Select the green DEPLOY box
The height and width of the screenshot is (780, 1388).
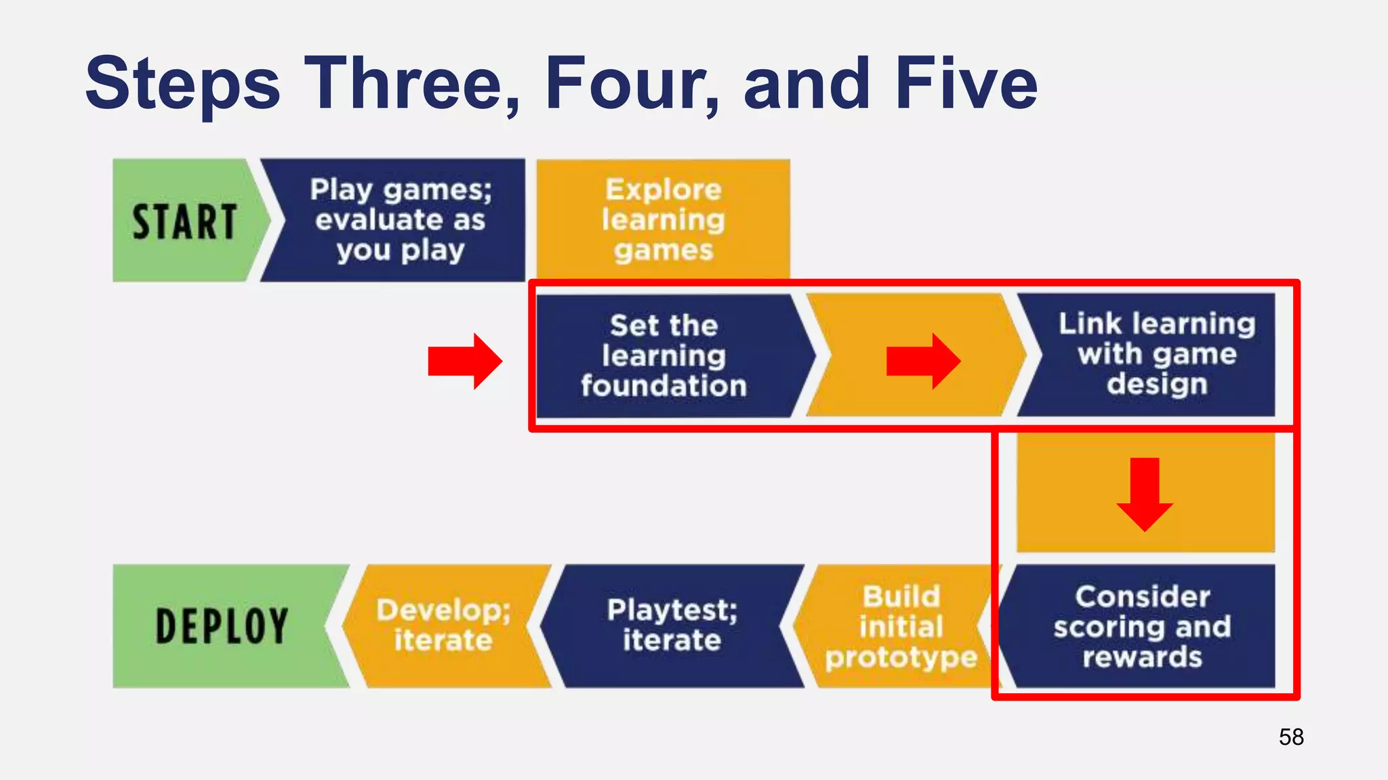point(222,626)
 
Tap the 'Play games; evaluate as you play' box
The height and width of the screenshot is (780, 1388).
point(400,220)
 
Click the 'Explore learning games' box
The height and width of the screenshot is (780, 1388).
point(663,220)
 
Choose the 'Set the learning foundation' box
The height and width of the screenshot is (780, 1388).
point(664,355)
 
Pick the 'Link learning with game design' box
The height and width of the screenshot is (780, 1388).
point(1156,354)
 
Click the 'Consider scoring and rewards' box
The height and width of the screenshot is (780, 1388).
point(1142,626)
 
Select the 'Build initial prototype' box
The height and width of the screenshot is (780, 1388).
point(900,626)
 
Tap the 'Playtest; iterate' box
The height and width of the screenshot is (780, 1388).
point(672,626)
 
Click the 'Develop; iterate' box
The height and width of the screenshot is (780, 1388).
point(444,626)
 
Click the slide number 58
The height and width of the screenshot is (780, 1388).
point(1291,737)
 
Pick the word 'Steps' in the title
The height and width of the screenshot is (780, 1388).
point(183,85)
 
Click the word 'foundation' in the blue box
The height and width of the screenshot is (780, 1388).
point(664,386)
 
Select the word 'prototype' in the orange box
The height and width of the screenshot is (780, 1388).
point(901,657)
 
